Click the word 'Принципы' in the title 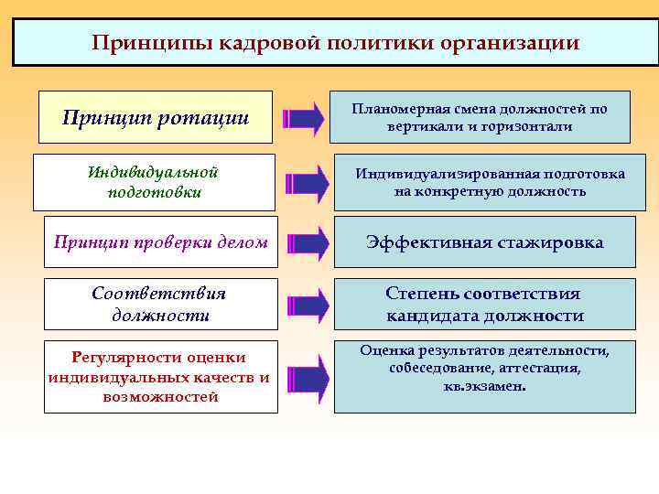138,43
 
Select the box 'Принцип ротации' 156,117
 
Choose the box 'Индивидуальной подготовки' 154,182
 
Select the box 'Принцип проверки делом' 161,242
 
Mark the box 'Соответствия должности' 161,304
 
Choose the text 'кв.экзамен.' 484,385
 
